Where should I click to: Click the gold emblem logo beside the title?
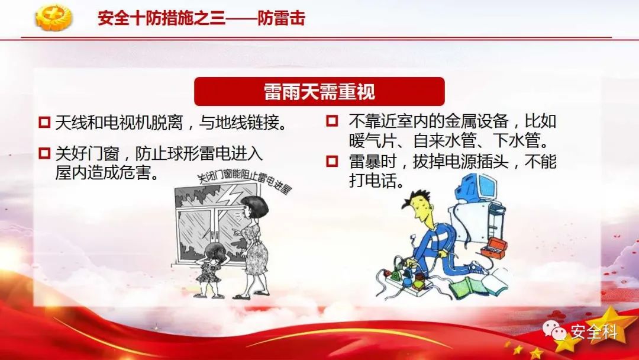[53, 17]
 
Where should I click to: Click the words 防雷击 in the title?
[281, 18]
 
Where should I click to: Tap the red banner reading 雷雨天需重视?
[319, 91]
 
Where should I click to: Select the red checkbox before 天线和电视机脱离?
[44, 123]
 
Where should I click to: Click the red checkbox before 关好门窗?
[44, 153]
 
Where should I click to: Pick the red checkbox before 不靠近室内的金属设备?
[332, 121]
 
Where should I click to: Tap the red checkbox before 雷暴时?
[332, 161]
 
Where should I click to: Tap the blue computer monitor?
[477, 188]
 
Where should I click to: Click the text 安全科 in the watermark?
[594, 332]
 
